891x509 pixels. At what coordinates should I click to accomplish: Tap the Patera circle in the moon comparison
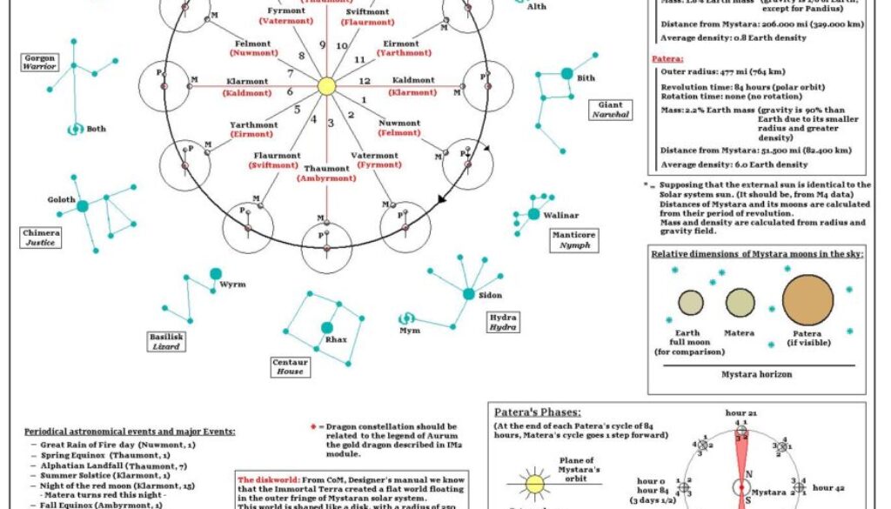pos(807,300)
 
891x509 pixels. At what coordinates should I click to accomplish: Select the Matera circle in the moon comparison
pos(740,303)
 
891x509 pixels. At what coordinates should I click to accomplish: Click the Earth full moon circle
pos(691,303)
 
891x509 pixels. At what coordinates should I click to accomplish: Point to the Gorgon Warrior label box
pos(40,61)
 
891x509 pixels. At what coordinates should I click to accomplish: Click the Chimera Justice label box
pos(41,238)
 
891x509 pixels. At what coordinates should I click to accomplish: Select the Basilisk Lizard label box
pos(166,340)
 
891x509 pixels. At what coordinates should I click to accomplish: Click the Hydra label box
pos(502,322)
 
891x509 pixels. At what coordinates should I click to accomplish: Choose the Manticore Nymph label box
pos(573,239)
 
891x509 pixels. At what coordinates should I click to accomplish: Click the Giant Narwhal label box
pos(611,110)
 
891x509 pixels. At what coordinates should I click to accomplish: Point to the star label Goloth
pos(62,199)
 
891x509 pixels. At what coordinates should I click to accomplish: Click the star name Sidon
pos(490,295)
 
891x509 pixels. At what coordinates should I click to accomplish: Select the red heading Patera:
pos(667,58)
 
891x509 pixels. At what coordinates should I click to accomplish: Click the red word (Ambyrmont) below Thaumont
pos(326,177)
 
